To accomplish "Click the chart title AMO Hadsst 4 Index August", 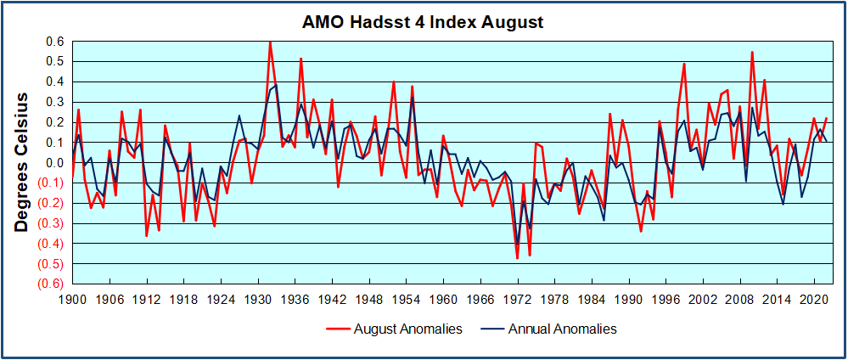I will click(423, 21).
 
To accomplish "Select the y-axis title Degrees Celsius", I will click(23, 163).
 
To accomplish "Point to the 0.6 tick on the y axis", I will click(55, 41).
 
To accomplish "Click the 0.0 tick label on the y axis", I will click(55, 163).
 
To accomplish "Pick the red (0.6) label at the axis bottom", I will click(53, 284).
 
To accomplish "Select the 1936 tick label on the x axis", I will click(295, 299).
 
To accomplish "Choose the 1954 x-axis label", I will click(407, 299).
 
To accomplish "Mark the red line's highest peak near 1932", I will click(270, 42).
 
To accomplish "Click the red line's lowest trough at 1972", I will click(517, 258).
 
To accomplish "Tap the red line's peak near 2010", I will click(752, 53).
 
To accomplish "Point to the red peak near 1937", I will click(300, 59).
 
